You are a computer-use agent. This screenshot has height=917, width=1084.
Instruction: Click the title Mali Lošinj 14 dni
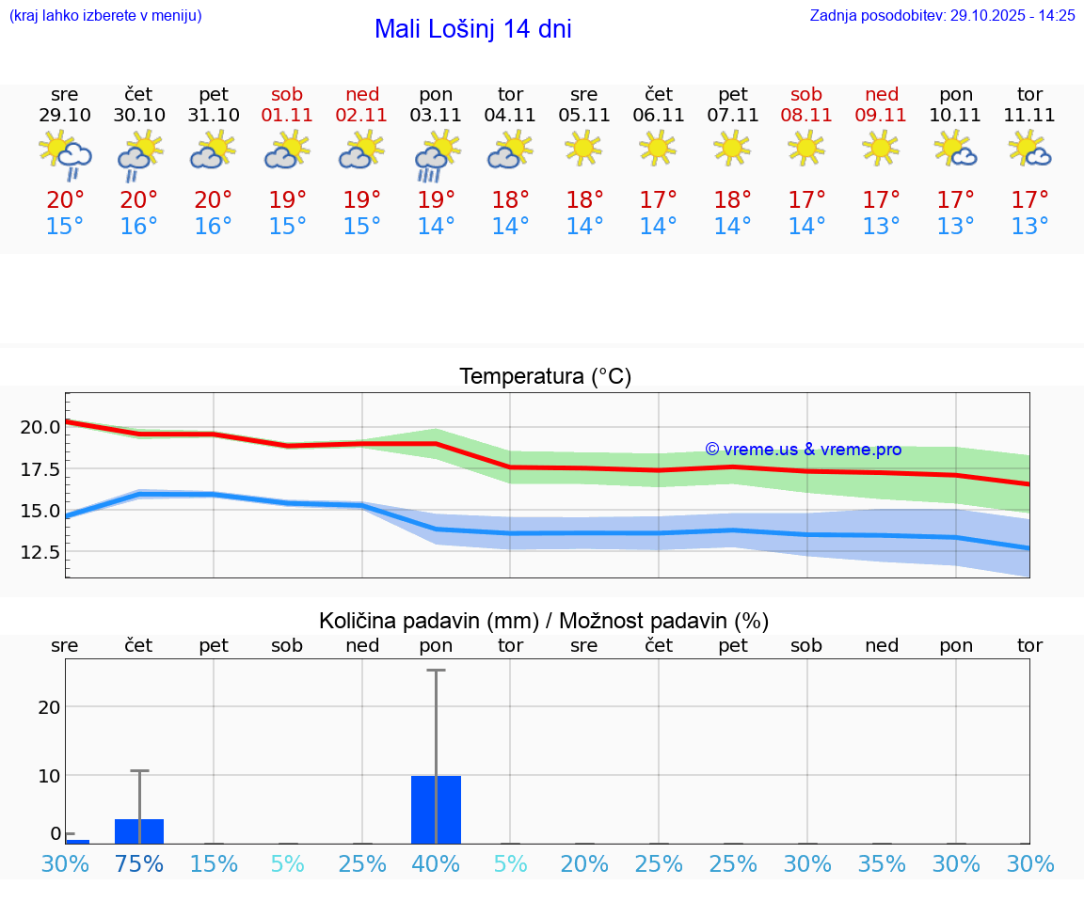[x=472, y=29]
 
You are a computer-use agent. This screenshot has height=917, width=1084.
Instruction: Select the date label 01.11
[x=287, y=116]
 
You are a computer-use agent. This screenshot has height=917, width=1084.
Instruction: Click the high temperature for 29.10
[x=65, y=200]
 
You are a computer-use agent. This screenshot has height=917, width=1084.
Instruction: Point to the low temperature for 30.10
[x=139, y=227]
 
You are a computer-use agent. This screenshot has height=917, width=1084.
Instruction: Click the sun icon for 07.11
[x=732, y=148]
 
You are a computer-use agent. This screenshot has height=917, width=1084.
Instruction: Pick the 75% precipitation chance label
[x=139, y=863]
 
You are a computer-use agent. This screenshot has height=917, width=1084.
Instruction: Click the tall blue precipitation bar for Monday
[x=436, y=809]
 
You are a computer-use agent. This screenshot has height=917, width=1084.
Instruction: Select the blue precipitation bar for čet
[x=139, y=831]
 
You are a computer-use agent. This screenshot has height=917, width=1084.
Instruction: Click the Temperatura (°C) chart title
[x=545, y=377]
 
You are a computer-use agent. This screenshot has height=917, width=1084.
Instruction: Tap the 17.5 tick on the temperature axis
[x=40, y=469]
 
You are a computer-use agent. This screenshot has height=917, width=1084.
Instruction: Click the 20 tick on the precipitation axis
[x=49, y=706]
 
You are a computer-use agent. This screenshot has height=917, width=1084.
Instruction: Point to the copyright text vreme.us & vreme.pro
[x=803, y=450]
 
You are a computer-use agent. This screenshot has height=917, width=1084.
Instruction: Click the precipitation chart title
[x=544, y=621]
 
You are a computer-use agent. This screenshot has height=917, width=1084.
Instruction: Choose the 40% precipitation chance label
[x=436, y=863]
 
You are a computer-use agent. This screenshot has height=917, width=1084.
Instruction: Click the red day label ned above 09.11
[x=882, y=94]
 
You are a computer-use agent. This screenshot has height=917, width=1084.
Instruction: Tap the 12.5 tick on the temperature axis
[x=40, y=552]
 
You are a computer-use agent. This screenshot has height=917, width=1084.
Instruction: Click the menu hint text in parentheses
[x=105, y=15]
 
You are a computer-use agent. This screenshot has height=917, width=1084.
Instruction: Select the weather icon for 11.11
[x=1029, y=149]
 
